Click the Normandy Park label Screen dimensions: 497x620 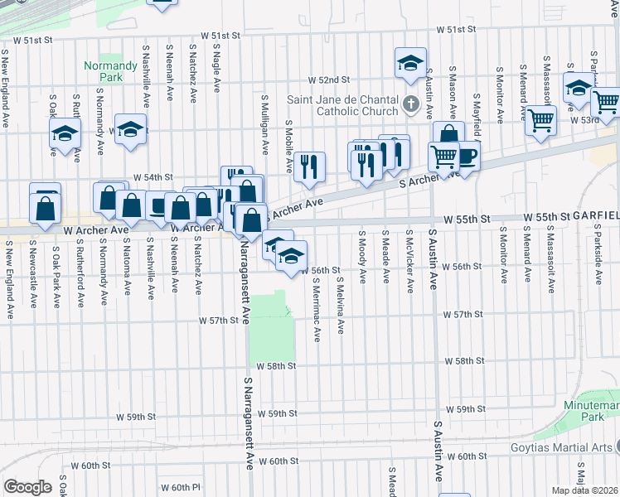103,72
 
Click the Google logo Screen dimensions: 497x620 27,487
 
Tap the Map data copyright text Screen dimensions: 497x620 585,490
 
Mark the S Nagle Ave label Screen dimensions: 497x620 216,71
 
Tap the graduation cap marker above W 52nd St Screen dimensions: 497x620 409,62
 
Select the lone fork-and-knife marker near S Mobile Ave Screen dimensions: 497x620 309,166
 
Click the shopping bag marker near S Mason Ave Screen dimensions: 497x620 448,135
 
